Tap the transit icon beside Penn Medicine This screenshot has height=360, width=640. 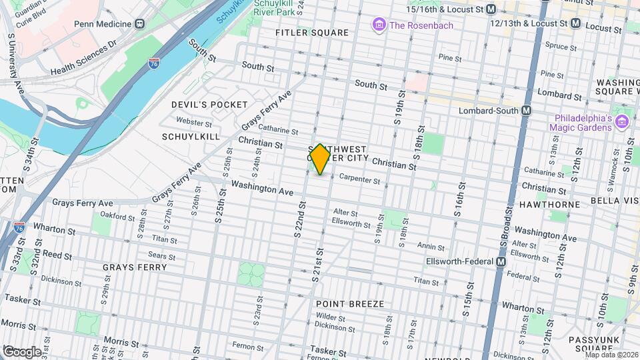tap(139, 23)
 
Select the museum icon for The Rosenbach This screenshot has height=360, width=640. tap(379, 25)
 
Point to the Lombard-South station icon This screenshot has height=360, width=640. tap(527, 110)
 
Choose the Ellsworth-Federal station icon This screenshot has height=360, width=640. tap(500, 262)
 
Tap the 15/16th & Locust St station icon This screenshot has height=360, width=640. tap(491, 9)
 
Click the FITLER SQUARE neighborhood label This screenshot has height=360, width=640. tap(312, 33)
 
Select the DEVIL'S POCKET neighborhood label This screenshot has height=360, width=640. tap(209, 105)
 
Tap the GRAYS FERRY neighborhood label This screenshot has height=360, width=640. tap(129, 267)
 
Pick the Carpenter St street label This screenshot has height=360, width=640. tap(359, 180)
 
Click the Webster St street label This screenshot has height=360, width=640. tap(193, 122)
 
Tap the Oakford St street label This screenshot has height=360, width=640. tap(117, 215)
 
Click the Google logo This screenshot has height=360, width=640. tap(22, 351)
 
